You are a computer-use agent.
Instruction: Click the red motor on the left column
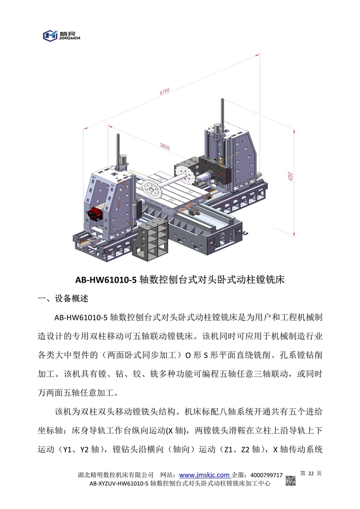point(96,212)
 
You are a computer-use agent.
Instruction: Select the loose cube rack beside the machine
point(150,241)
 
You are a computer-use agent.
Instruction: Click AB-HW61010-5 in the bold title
point(106,279)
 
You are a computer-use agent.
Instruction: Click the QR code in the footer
point(291,480)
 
